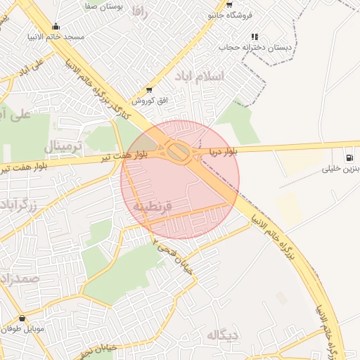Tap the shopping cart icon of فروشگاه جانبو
click(x=229, y=4)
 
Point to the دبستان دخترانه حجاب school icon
click(x=255, y=37)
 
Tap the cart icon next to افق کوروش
click(x=149, y=89)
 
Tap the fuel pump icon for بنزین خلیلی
click(x=349, y=156)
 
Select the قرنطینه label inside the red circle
click(x=153, y=207)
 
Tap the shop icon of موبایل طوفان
click(x=22, y=318)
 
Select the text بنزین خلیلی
click(x=340, y=169)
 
